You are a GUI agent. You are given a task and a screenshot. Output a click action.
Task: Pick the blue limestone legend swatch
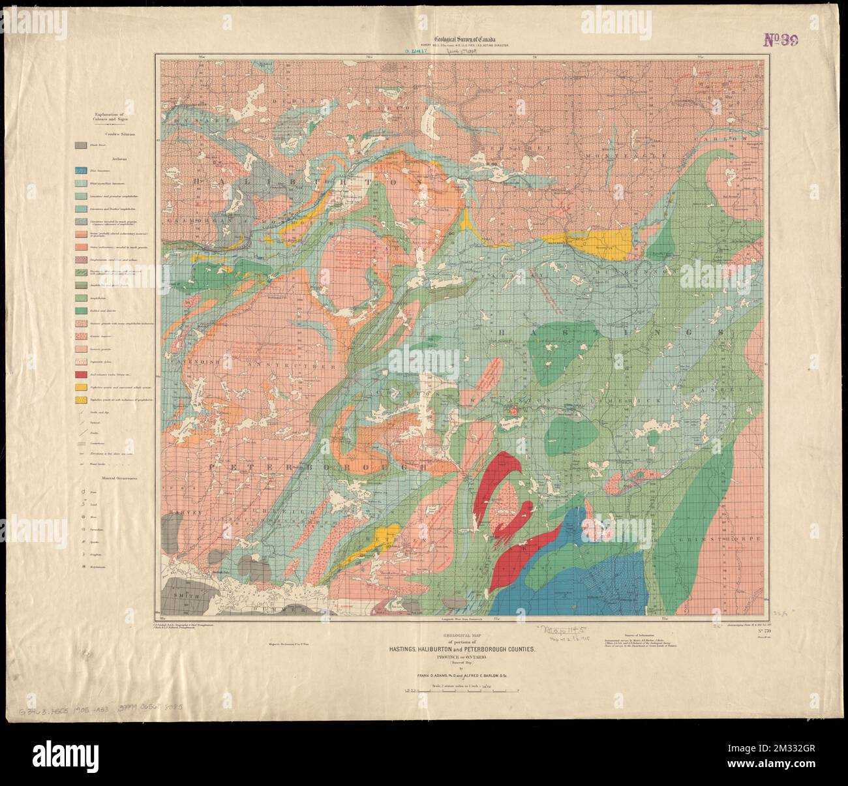(82, 170)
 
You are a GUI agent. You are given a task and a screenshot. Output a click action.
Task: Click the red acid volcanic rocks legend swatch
(82, 375)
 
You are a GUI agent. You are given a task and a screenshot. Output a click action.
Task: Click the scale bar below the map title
(461, 689)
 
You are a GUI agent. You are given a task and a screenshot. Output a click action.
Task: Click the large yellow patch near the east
(607, 243)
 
